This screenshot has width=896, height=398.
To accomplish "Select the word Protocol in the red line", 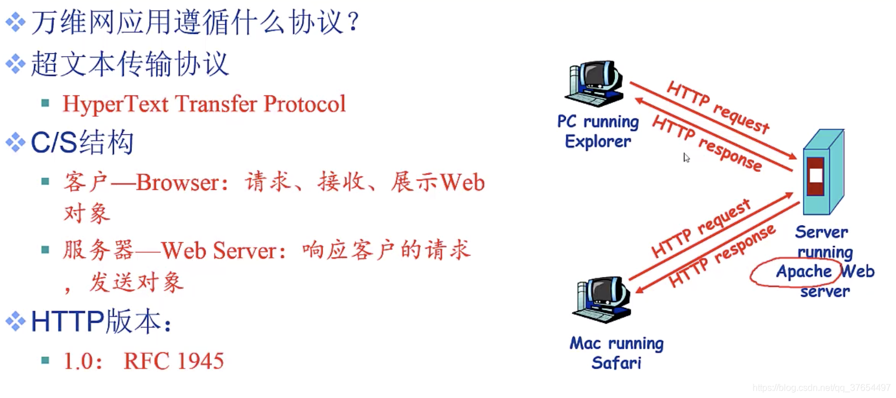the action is point(305,104).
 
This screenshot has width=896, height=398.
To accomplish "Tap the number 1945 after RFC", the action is point(200,361).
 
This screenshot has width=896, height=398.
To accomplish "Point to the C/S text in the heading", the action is point(54,142).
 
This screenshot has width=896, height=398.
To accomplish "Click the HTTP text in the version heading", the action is point(67,321).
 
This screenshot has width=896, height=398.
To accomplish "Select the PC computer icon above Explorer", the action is point(595,83).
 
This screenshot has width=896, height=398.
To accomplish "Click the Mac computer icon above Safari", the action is point(602,299).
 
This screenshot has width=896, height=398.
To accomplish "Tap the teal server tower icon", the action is point(823,172).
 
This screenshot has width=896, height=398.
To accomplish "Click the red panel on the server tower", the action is point(815,176).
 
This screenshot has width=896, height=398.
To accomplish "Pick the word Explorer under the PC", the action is point(598,142).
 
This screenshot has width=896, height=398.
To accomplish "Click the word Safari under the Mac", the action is point(616,363).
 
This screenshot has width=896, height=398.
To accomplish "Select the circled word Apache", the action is point(804,272).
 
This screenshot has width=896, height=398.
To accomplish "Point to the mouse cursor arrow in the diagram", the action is point(686,158).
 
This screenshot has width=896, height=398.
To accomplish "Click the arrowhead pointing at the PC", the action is point(639,100).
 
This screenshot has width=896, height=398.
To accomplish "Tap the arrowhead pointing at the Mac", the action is point(640,289).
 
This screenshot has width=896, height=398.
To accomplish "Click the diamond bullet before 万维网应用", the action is point(16,22).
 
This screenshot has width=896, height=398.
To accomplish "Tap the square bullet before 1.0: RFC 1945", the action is point(45,361).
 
